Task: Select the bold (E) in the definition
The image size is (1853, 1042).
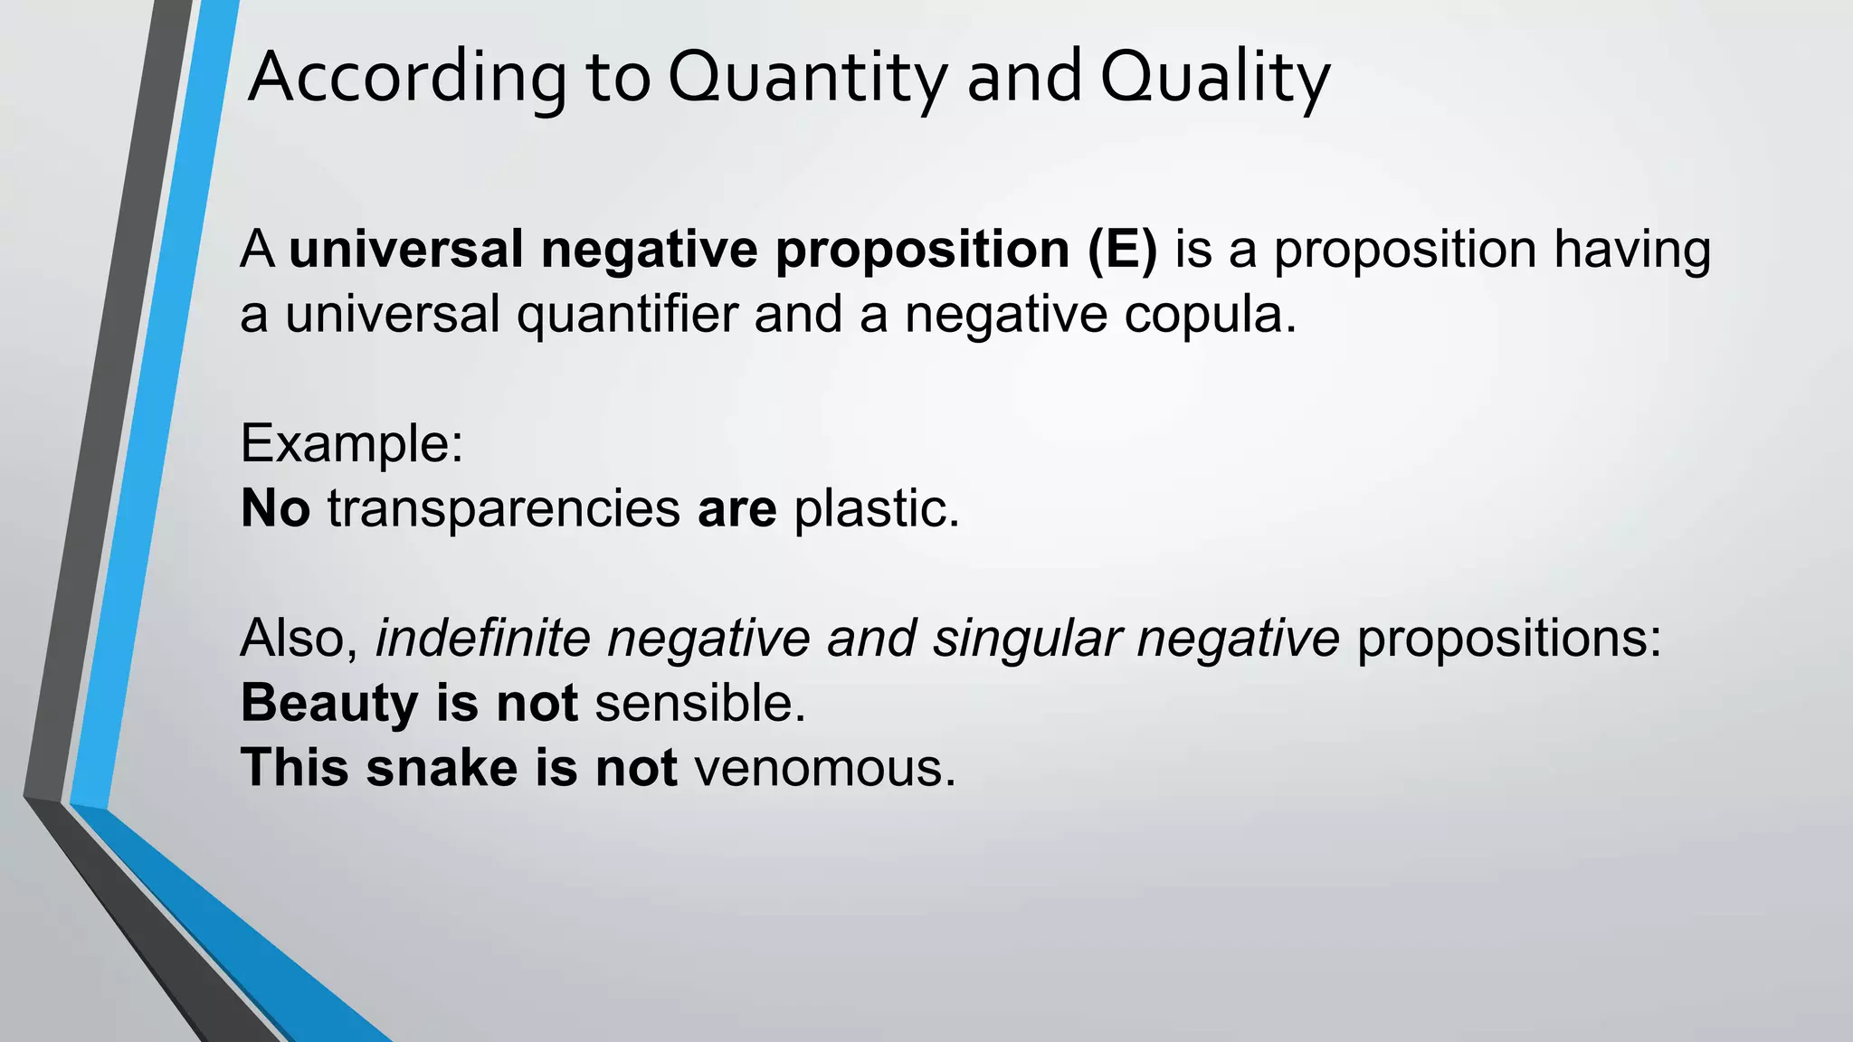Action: [x=1122, y=250]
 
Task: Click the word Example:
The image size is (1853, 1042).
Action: [x=352, y=444]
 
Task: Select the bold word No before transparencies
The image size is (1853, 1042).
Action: [x=275, y=508]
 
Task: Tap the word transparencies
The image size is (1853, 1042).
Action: [x=503, y=508]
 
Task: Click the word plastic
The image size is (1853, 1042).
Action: [x=876, y=508]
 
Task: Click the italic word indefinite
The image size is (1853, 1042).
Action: [x=482, y=638]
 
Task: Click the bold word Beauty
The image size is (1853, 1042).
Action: [x=329, y=704]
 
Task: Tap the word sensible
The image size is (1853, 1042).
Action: [x=699, y=704]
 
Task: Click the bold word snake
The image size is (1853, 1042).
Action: [x=442, y=768]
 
